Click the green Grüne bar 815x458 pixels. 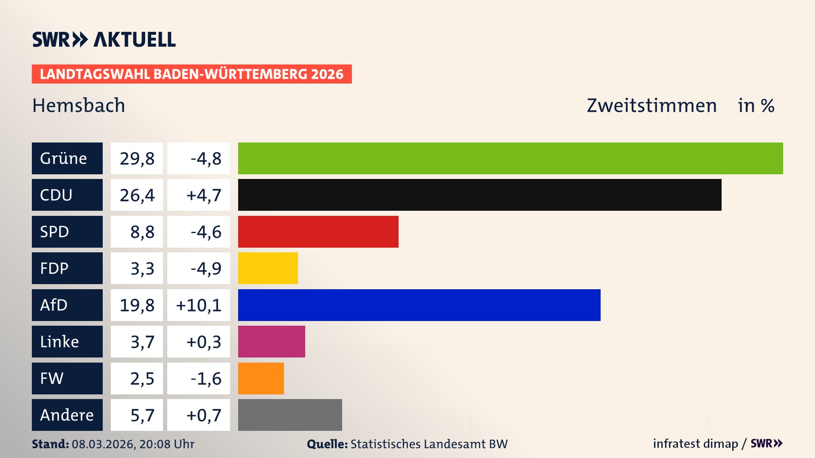point(510,158)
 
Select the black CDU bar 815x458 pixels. point(480,195)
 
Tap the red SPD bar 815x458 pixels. point(318,232)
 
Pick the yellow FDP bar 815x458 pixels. point(268,268)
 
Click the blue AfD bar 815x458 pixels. point(419,305)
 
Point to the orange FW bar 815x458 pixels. point(261,378)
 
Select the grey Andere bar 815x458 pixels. point(290,415)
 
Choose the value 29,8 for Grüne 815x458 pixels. point(137,158)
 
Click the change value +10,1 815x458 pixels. point(199,305)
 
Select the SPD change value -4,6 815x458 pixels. point(205,232)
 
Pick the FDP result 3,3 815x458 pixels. point(142,268)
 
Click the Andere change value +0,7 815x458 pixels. point(204,415)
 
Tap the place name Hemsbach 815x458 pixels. point(79,105)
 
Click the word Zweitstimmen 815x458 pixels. point(652,105)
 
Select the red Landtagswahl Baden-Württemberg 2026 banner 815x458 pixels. point(191,74)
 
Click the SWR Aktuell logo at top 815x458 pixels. point(104,39)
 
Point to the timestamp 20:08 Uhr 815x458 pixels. point(166,444)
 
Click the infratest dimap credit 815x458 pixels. point(695,444)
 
